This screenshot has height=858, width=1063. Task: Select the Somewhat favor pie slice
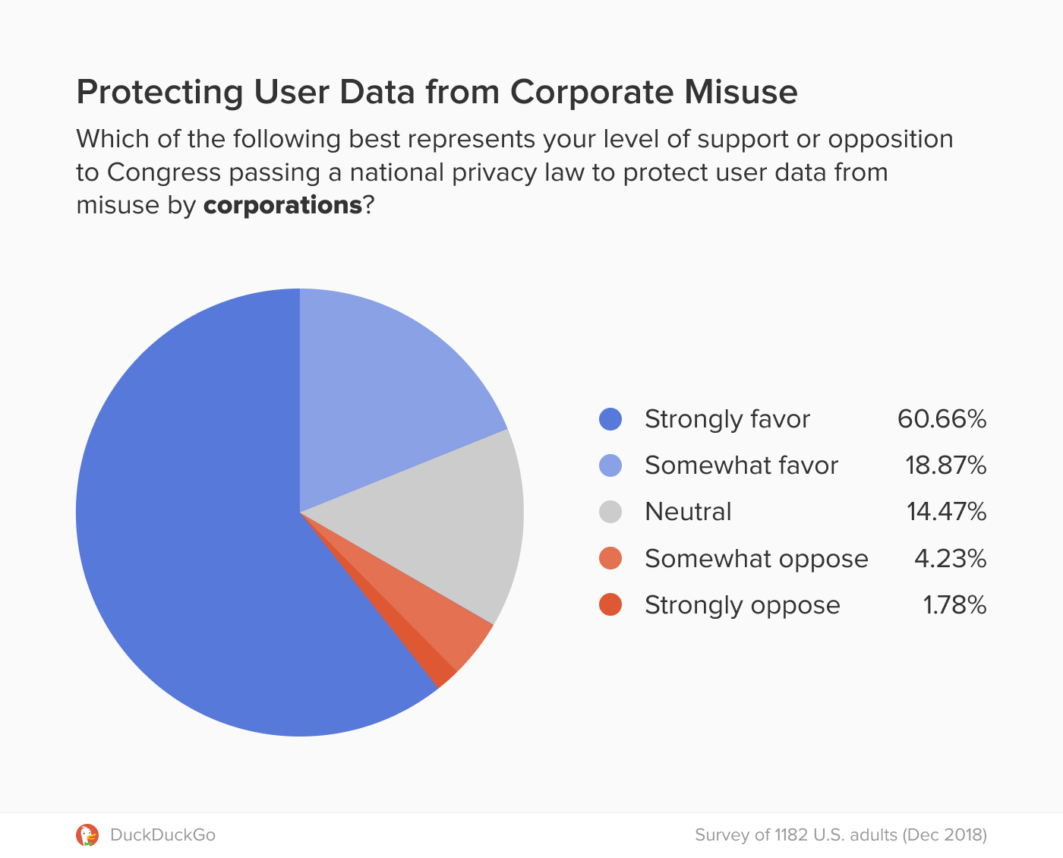pyautogui.click(x=380, y=395)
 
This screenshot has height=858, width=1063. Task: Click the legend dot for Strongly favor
pyautogui.click(x=610, y=419)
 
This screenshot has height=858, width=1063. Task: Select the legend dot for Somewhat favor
pyautogui.click(x=610, y=465)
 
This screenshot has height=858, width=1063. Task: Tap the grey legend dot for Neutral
pyautogui.click(x=610, y=512)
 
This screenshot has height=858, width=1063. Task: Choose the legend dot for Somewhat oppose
pyautogui.click(x=610, y=559)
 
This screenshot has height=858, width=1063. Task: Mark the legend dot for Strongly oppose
pyautogui.click(x=610, y=605)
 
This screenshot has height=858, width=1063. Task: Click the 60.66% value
pyautogui.click(x=942, y=419)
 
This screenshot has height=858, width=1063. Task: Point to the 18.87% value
pyautogui.click(x=945, y=465)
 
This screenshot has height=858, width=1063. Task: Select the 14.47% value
pyautogui.click(x=946, y=512)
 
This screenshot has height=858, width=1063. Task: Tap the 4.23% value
pyautogui.click(x=950, y=559)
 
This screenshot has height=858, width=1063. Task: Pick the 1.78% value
pyautogui.click(x=954, y=605)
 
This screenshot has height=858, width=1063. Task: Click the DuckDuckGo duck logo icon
pyautogui.click(x=87, y=835)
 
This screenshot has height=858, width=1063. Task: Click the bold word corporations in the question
pyautogui.click(x=282, y=205)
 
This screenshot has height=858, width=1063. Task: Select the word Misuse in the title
pyautogui.click(x=740, y=92)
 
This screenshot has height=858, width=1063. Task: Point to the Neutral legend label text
pyautogui.click(x=688, y=512)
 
